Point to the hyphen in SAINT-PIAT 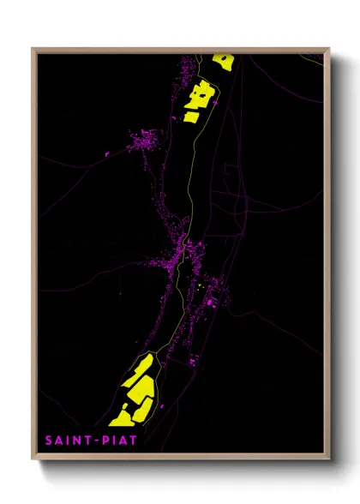click(x=94, y=441)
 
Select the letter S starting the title click(x=49, y=441)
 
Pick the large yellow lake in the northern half click(x=198, y=99)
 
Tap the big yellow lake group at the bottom click(x=137, y=390)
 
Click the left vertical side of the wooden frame click(x=34, y=257)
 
